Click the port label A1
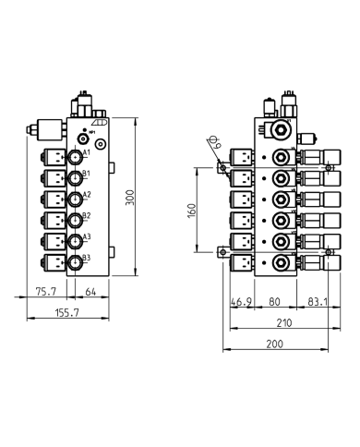pos(87,151)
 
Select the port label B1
pos(87,174)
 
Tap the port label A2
pos(87,195)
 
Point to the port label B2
pos(87,216)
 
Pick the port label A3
pos(87,237)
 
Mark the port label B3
pos(87,259)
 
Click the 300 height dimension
pos(130,197)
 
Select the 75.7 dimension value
pos(42,293)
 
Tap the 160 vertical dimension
pos(192,210)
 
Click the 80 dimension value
pos(275,300)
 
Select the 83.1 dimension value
pos(315,300)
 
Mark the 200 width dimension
pos(273,344)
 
